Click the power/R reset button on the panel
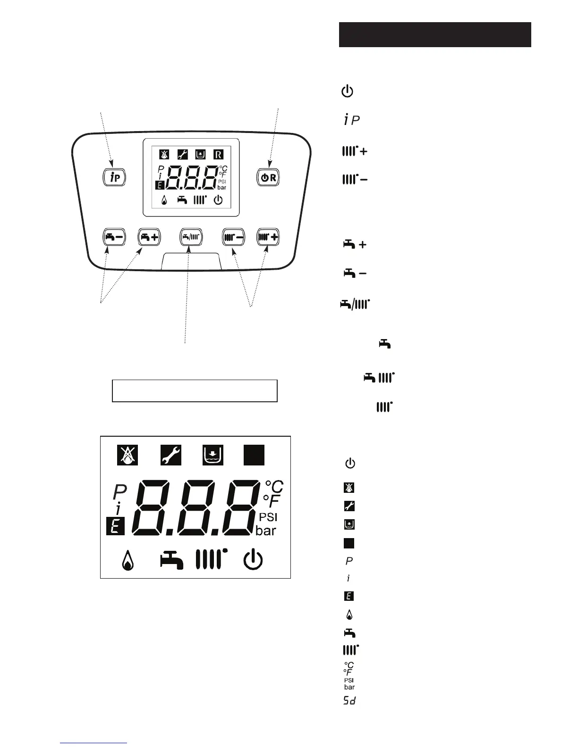pos(269,177)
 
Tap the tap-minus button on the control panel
pos(114,237)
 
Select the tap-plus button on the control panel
pos(149,237)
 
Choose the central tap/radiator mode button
pos(191,237)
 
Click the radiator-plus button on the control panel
pos(268,237)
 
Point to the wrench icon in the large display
pos(170,456)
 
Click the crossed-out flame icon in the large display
pos(127,456)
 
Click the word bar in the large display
pos(266,531)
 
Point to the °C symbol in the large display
pos(274,486)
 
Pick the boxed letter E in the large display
pos(116,526)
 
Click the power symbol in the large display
pos(253,560)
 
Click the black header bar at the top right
pos(434,34)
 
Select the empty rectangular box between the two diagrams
pos(194,390)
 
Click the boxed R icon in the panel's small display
pos(218,154)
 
